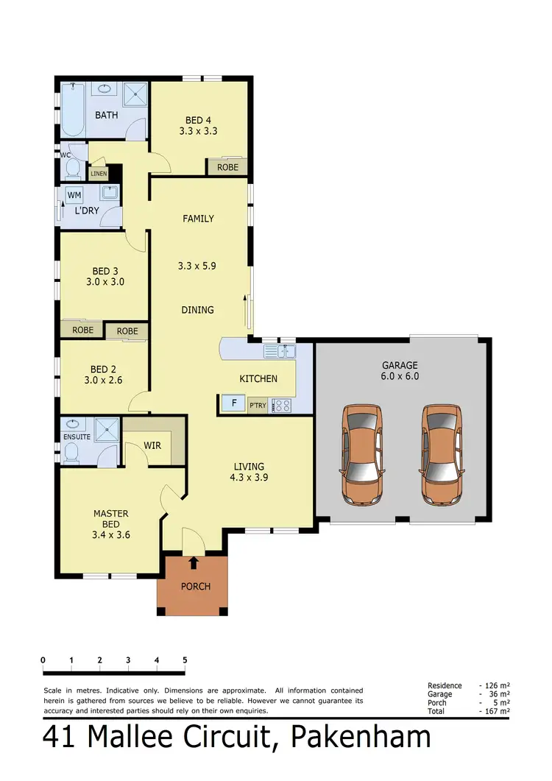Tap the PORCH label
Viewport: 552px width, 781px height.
[195, 587]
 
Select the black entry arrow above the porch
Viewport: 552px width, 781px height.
[194, 563]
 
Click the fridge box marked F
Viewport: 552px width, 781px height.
[233, 404]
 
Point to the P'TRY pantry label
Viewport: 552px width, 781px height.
[258, 405]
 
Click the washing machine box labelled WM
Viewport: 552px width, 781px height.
[74, 195]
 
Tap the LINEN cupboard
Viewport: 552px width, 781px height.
[99, 174]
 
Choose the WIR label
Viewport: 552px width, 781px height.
[152, 446]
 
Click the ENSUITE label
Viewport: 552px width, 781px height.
[77, 437]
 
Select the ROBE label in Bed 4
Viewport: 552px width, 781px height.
[227, 167]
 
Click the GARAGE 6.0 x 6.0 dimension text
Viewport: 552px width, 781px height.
[400, 375]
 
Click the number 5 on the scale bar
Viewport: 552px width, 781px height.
[184, 660]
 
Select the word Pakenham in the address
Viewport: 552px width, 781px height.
[361, 738]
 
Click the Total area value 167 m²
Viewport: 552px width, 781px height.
[498, 712]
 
